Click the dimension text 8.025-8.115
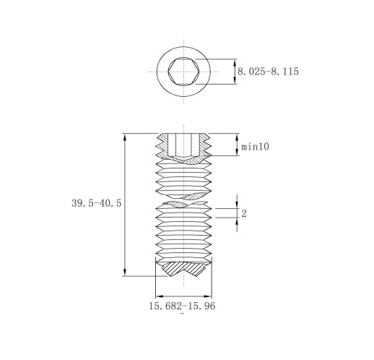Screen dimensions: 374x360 click(268, 72)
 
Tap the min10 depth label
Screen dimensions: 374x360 click(255, 147)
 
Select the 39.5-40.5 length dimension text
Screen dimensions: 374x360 click(97, 203)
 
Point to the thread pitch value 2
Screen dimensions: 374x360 click(244, 213)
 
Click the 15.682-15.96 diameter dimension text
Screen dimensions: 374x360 click(182, 306)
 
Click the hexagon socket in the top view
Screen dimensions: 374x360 click(183, 72)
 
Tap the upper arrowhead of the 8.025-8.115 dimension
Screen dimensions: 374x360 click(235, 63)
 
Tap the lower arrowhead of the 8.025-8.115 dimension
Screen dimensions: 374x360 click(235, 80)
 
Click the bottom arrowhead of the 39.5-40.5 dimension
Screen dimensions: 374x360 click(124, 272)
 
